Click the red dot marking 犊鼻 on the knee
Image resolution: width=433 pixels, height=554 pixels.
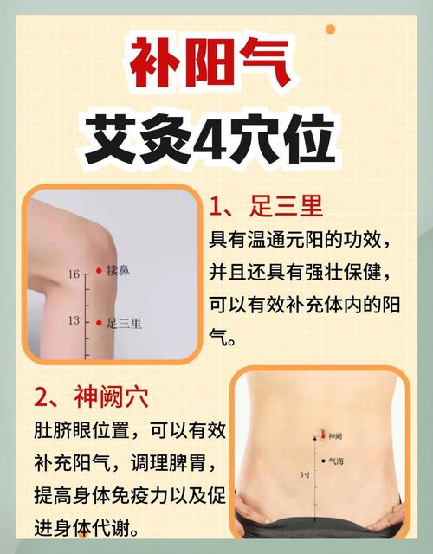point(98,271)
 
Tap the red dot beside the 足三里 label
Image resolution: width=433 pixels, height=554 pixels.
point(98,323)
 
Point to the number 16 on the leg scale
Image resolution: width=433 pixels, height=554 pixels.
point(74,274)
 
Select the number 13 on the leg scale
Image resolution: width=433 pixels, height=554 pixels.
point(74,321)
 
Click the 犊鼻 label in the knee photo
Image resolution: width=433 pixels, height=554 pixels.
point(119,271)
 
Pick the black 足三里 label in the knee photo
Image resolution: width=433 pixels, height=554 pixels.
point(124,324)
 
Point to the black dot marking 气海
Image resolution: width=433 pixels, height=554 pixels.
point(322,461)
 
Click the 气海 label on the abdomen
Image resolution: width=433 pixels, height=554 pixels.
point(336,461)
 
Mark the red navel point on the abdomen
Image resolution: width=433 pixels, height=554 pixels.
point(321,435)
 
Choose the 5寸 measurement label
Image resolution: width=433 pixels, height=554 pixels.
point(305,475)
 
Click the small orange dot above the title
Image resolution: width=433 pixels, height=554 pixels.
point(330,29)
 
